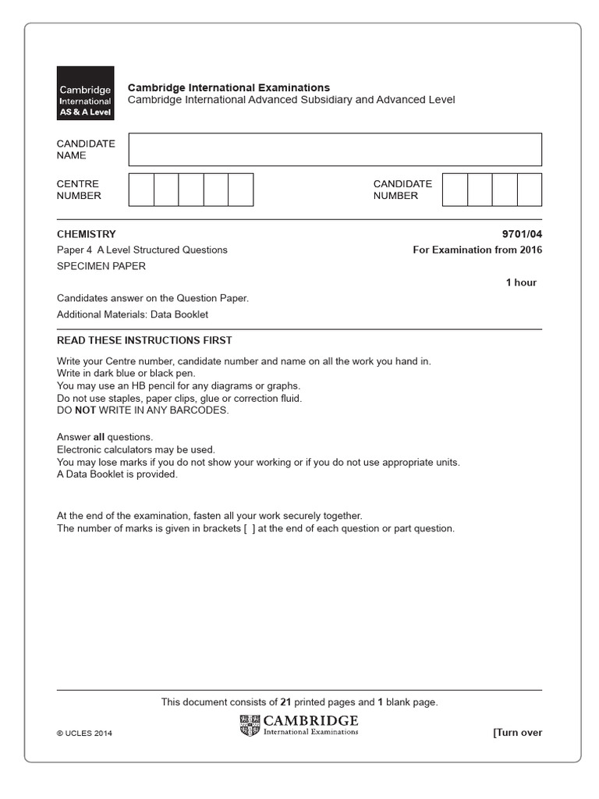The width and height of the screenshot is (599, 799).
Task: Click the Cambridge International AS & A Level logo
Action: click(85, 93)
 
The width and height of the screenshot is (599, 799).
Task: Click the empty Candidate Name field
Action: click(335, 149)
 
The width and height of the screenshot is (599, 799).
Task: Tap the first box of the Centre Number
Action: click(141, 190)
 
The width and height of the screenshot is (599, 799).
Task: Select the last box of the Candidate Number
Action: click(529, 190)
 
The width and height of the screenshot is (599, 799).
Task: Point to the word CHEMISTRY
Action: click(86, 234)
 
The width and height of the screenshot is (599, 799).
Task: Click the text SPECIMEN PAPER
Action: click(101, 266)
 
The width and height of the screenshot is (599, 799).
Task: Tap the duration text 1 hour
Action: click(521, 282)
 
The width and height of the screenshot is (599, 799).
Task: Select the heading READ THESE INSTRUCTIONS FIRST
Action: click(144, 340)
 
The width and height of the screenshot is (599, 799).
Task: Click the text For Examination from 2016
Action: click(477, 250)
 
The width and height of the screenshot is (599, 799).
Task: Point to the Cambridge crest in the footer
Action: click(250, 725)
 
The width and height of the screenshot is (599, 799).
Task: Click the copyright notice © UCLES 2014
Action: click(84, 733)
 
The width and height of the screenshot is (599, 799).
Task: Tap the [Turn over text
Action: click(516, 733)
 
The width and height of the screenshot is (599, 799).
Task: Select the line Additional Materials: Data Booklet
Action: click(133, 315)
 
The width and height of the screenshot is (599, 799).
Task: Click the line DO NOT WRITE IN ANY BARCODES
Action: click(143, 410)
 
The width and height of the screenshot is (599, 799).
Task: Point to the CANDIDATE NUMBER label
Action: click(402, 190)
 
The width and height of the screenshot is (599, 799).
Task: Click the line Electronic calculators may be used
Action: click(135, 449)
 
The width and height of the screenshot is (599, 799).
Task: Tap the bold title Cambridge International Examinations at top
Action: click(229, 87)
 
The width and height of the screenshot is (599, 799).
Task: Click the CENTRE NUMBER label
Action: click(79, 190)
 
